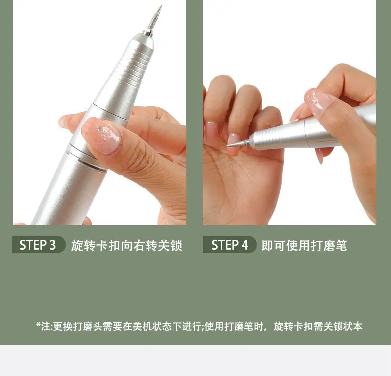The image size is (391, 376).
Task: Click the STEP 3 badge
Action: (39, 245)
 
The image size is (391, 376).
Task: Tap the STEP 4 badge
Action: (230, 245)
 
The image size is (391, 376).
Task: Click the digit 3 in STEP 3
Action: (52, 245)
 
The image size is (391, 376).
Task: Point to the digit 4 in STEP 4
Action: (244, 245)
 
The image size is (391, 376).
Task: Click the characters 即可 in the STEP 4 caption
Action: (274, 245)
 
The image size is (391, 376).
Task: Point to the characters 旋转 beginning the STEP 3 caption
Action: (83, 245)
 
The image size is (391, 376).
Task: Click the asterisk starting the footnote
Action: (38, 325)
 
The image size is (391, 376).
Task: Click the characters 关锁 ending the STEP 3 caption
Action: (170, 245)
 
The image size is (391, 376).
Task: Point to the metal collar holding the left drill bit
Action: (147, 33)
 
